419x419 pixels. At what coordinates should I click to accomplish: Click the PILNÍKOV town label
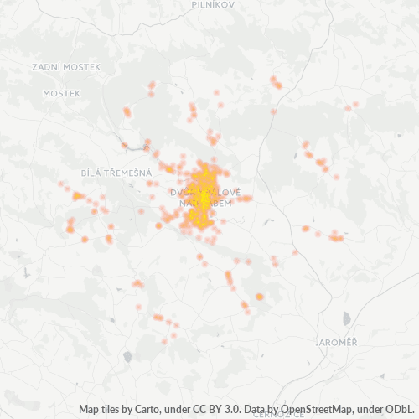212,4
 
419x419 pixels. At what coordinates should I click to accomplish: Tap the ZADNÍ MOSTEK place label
65,66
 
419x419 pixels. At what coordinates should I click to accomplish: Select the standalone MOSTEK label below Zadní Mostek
62,93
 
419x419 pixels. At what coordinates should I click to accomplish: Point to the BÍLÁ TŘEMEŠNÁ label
116,173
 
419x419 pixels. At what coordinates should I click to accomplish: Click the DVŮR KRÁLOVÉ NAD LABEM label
204,199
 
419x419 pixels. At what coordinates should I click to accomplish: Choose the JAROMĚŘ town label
337,343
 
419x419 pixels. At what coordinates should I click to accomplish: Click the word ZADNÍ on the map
45,66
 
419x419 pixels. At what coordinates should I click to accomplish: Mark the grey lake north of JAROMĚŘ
346,318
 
